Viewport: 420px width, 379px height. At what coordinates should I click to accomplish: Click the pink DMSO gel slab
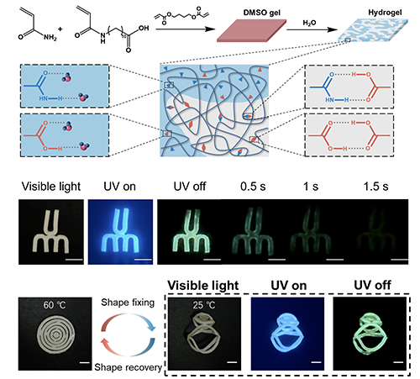click(252, 30)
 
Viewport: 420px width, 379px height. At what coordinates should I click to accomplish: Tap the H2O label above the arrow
click(309, 23)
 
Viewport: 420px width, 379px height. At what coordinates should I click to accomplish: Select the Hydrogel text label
click(385, 13)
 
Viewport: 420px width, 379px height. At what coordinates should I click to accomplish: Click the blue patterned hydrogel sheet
click(373, 30)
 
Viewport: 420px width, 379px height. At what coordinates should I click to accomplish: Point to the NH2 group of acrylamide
click(50, 37)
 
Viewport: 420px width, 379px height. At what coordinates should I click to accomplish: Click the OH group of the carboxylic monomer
click(144, 28)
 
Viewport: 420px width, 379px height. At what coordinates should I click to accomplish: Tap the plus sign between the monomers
click(60, 29)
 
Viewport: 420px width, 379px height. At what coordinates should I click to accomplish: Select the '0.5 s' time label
click(253, 187)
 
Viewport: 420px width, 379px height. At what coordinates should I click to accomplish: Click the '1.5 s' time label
click(375, 187)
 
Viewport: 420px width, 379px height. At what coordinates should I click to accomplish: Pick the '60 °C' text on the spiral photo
click(55, 305)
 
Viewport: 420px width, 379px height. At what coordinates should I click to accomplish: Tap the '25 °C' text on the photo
click(204, 305)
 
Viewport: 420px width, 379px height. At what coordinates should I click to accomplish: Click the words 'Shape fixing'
click(128, 303)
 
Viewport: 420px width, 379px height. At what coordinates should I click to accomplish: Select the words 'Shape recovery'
click(129, 367)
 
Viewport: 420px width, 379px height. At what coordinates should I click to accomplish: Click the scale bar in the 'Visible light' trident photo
click(74, 260)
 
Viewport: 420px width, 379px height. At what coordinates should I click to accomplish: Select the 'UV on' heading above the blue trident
click(119, 187)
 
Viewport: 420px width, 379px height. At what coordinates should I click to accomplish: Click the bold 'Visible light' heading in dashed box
click(203, 286)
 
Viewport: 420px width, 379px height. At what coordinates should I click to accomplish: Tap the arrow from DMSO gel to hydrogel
click(312, 29)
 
